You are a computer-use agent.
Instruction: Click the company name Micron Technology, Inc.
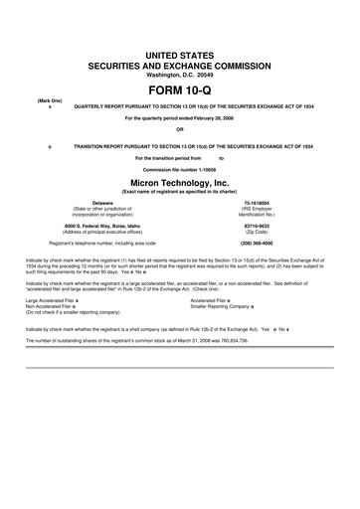pyautogui.click(x=179, y=183)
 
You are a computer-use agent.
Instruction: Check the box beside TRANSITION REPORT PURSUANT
pyautogui.click(x=50, y=144)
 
